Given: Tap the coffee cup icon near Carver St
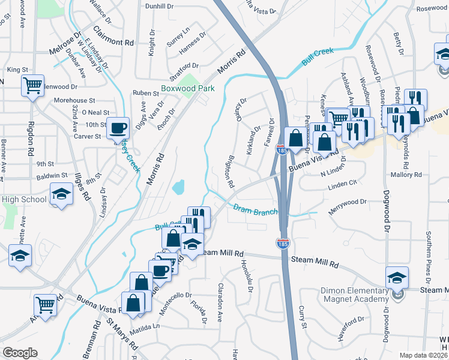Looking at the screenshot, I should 118,128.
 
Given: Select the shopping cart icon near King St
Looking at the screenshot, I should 32,85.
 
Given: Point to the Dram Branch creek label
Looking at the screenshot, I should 255,210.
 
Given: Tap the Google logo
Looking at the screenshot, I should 20,353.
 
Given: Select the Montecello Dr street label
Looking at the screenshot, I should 173,295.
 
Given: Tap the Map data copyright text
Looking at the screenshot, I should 424,355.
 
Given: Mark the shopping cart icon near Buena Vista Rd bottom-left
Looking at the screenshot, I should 46,305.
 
